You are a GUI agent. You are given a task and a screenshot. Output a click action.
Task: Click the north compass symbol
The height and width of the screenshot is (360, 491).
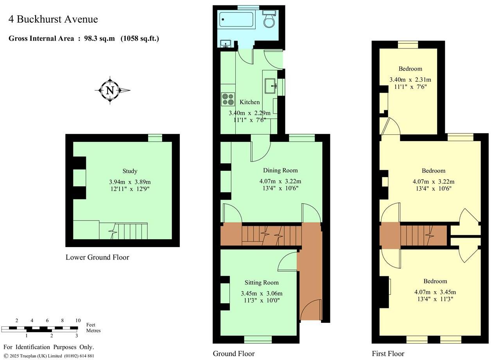point(110,90)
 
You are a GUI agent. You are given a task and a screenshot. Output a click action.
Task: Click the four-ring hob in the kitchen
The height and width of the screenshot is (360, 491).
point(228,99)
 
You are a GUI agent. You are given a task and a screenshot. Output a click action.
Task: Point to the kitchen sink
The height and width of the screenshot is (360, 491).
point(270,86)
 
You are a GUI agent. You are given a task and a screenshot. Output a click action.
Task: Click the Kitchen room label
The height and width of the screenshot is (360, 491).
point(249,102)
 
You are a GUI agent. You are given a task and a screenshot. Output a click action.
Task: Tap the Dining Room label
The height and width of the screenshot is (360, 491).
point(280,170)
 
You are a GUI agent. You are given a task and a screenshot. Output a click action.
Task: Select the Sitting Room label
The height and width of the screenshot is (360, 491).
point(262,283)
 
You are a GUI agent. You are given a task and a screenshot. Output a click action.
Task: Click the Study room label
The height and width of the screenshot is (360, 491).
point(130,171)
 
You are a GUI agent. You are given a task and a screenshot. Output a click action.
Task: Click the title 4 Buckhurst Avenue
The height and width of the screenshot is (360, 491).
point(53,19)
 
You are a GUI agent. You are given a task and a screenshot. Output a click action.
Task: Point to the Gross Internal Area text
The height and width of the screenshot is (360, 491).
point(84,38)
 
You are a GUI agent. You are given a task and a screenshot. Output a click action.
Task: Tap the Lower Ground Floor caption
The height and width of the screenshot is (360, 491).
point(97,257)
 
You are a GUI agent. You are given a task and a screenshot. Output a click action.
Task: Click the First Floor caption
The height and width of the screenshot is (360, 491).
point(388,354)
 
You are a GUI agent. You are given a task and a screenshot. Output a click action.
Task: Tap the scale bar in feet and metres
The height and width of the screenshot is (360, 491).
point(41,328)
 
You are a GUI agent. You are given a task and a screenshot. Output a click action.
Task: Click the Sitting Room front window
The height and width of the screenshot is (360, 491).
point(258,339)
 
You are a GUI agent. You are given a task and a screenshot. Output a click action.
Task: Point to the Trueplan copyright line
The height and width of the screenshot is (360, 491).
point(49,356)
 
